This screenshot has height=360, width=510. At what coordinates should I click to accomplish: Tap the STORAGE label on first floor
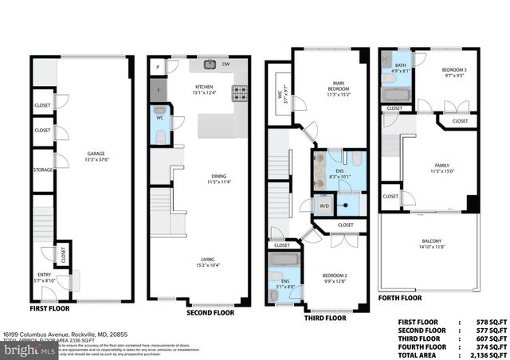42,169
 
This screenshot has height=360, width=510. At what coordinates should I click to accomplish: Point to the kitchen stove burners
241,93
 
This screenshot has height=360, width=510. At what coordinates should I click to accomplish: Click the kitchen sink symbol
211,65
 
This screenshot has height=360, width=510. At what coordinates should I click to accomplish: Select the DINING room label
199,178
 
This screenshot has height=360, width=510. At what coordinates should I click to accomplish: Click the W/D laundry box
325,206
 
